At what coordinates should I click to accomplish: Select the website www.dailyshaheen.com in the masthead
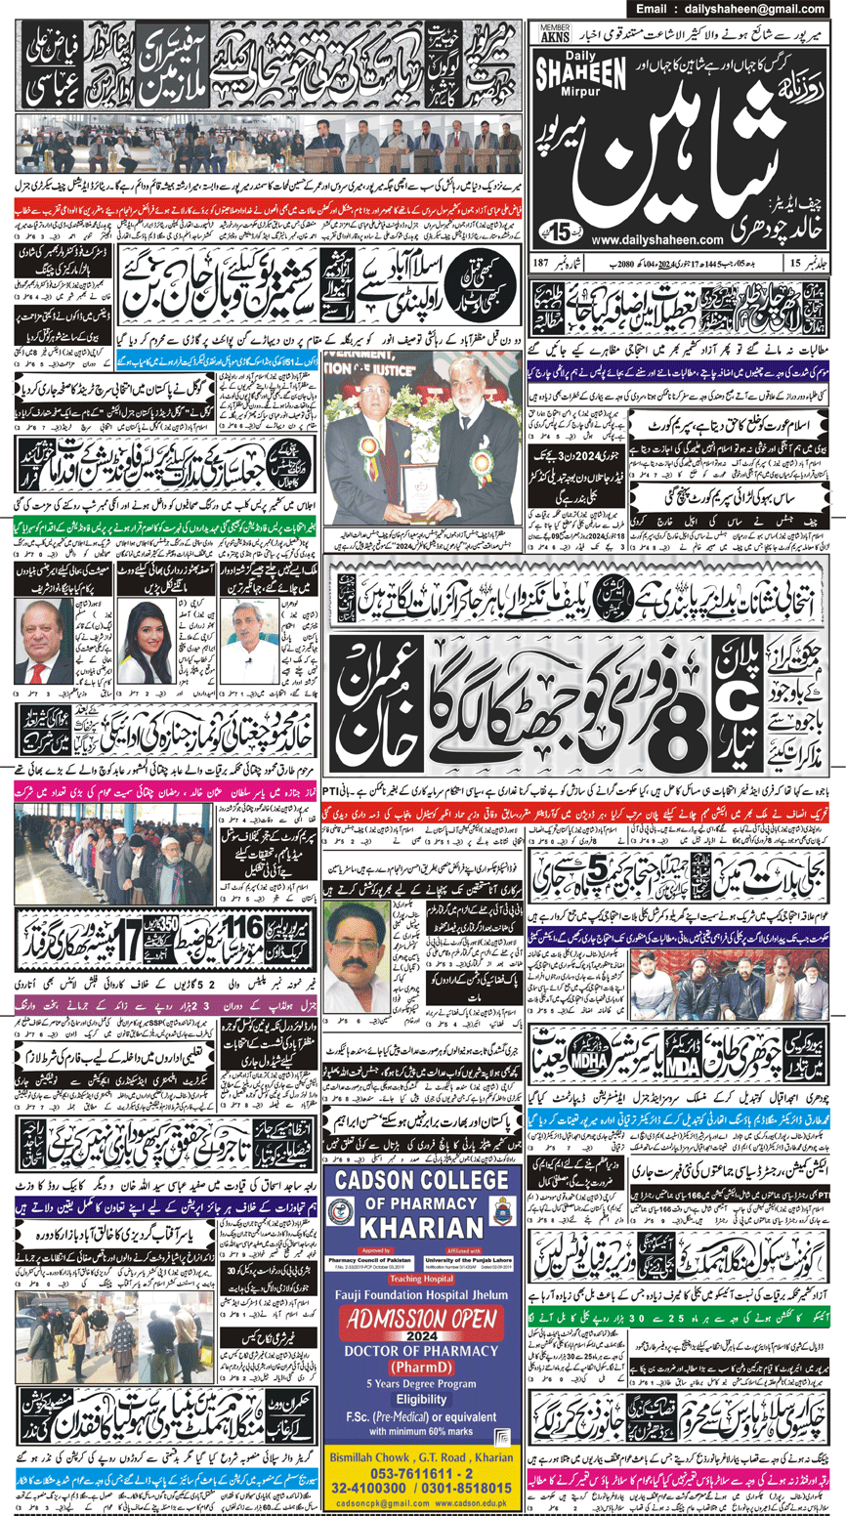[656, 238]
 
